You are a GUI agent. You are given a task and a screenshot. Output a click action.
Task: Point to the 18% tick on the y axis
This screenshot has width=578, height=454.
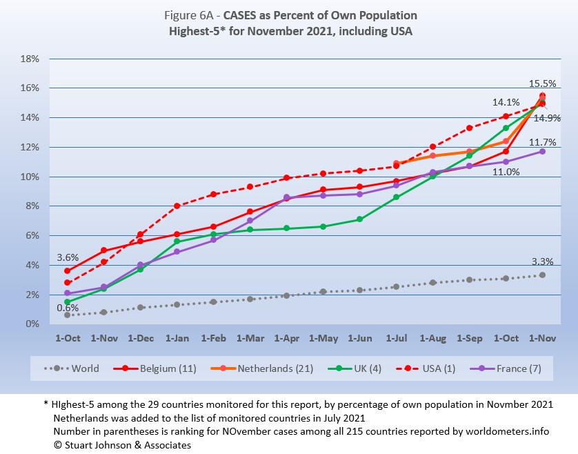point(28,59)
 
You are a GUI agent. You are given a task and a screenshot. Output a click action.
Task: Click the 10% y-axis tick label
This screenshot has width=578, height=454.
point(28,177)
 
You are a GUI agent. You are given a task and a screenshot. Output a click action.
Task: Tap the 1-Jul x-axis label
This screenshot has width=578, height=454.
point(396,339)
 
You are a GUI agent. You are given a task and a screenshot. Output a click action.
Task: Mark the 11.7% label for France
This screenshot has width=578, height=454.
point(542,142)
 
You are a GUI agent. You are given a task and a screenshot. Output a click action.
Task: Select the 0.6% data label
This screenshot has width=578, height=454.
point(67,308)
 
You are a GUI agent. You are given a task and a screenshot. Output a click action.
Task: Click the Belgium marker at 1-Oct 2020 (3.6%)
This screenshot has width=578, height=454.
point(67,271)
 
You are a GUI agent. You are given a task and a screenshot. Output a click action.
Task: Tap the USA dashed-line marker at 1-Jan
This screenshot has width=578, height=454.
point(177,206)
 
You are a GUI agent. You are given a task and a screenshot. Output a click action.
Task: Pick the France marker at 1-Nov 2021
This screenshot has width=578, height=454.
point(542,151)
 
